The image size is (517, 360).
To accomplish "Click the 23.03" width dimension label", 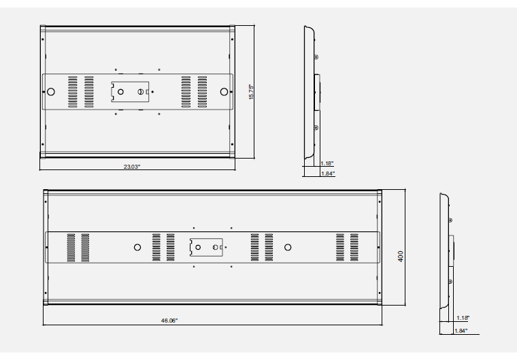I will (132, 167).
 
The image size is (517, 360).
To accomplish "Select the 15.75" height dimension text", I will (250, 91).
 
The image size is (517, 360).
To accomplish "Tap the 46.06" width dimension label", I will (169, 320).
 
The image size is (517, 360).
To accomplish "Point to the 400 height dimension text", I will (401, 256).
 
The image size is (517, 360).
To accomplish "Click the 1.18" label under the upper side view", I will (327, 163).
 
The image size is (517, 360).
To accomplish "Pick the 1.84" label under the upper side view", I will (327, 174).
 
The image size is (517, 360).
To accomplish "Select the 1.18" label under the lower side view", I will (463, 318).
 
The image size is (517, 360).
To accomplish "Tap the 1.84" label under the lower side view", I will (463, 331).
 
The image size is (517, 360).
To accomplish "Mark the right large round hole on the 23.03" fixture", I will (223, 91).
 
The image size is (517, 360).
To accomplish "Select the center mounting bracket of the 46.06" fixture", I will (206, 248).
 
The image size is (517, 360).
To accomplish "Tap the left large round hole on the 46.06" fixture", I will (137, 248).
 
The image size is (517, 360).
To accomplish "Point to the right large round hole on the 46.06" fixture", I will (288, 248).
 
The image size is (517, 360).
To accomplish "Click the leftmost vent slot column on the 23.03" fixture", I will (71, 91).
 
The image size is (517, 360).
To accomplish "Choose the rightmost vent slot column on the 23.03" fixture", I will (203, 91).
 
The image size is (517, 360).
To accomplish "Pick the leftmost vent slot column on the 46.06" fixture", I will (71, 247).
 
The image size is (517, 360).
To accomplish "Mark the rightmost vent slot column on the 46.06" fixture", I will (354, 247).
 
